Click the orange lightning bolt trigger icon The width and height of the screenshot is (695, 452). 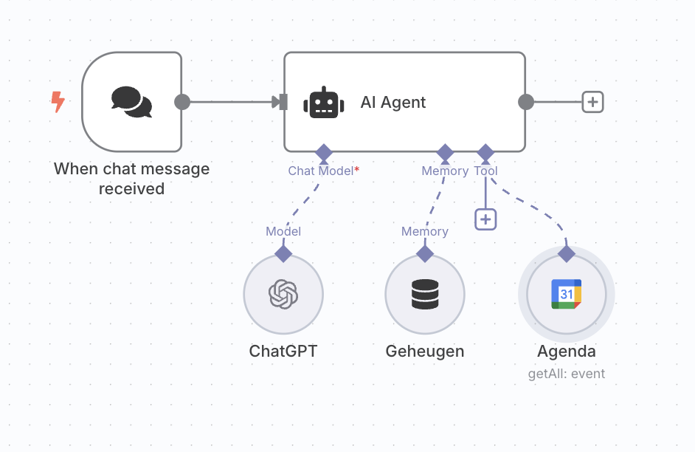(x=57, y=102)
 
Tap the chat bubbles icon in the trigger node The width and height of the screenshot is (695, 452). (x=131, y=102)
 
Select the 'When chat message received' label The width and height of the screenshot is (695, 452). (x=131, y=179)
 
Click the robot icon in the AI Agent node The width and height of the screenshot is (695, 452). (x=324, y=103)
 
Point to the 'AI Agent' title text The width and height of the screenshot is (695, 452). (x=393, y=103)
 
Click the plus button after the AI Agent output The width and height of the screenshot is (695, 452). (x=592, y=102)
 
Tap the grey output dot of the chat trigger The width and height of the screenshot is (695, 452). (x=182, y=102)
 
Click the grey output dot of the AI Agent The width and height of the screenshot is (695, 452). (x=525, y=102)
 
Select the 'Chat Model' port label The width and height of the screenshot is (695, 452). (x=321, y=171)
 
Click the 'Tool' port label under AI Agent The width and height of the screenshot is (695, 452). (x=485, y=171)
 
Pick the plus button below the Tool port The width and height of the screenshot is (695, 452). (x=485, y=219)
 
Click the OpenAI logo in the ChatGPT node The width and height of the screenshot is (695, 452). (x=283, y=295)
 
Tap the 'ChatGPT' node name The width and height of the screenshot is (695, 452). (x=283, y=352)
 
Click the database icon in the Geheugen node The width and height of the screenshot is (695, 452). (x=425, y=295)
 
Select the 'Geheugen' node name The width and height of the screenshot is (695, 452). (x=425, y=352)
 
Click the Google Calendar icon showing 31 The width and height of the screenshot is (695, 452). (x=567, y=295)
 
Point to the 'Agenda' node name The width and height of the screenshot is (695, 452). (x=567, y=352)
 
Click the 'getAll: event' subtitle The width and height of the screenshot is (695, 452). (x=567, y=374)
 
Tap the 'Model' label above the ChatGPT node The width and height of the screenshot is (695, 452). (x=283, y=231)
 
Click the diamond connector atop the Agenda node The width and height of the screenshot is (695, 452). (x=567, y=254)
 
